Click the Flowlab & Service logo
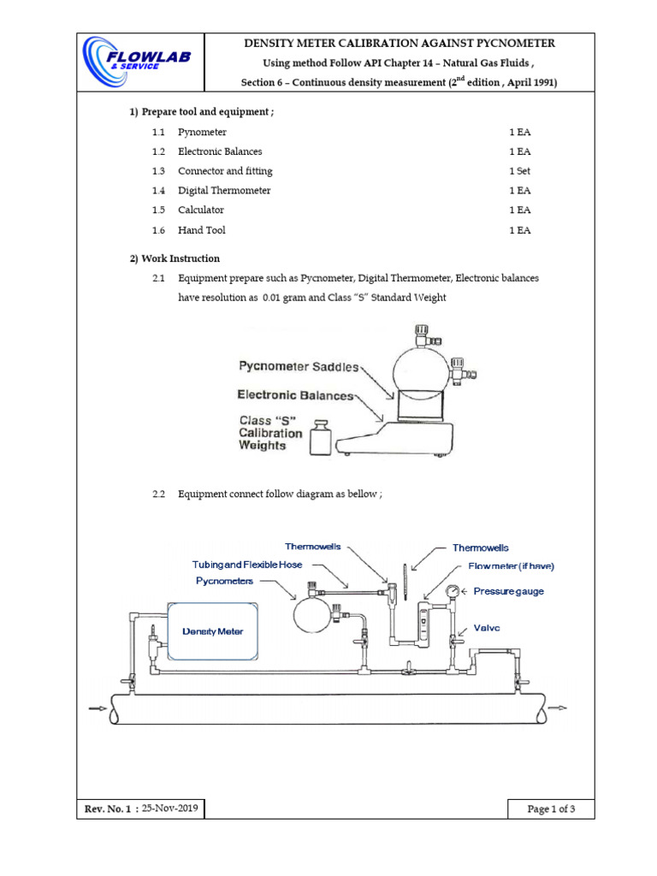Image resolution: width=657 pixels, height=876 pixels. point(139,62)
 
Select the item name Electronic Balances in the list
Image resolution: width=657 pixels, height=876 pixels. point(220,151)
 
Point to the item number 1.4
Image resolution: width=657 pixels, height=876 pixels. point(157,191)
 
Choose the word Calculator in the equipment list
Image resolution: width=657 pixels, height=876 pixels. point(201,210)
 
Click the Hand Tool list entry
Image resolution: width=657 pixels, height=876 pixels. point(202,230)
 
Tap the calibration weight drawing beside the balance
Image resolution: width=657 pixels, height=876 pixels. point(319,441)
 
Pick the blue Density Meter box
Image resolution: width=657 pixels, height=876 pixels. point(213,632)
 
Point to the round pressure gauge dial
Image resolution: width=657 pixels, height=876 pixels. point(452,591)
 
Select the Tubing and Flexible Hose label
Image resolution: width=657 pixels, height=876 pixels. point(248,565)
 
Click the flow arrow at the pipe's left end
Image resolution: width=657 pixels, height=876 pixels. point(96,707)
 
